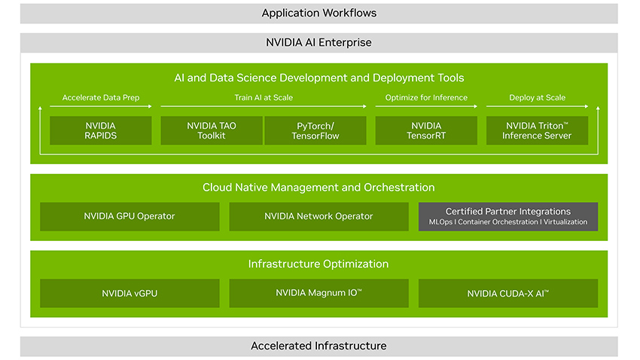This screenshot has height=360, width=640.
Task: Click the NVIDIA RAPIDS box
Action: [x=100, y=130]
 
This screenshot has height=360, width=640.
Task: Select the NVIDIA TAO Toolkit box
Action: [x=212, y=130]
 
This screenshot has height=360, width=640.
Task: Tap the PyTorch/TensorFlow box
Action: [x=315, y=130]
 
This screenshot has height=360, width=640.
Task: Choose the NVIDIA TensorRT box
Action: [x=426, y=130]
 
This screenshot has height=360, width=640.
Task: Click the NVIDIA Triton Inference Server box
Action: [x=538, y=130]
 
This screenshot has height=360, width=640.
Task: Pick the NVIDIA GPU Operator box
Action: [x=130, y=216]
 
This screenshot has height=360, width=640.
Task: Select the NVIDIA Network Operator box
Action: [x=318, y=216]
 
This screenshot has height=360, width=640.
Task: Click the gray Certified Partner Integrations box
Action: [x=508, y=216]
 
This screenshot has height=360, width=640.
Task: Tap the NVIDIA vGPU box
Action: [x=130, y=293]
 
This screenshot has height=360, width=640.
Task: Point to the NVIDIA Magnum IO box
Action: [x=318, y=293]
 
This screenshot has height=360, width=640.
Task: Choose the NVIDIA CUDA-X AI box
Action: [x=508, y=293]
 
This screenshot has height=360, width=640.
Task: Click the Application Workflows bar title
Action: [x=318, y=13]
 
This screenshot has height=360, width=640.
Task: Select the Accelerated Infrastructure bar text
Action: [x=318, y=346]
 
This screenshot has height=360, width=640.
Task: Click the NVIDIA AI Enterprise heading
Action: [x=318, y=42]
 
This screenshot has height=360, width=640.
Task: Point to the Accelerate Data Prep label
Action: [x=101, y=98]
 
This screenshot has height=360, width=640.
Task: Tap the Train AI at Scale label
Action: [x=264, y=98]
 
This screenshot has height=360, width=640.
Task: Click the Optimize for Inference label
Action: [x=426, y=98]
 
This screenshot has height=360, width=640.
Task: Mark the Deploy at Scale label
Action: [x=538, y=98]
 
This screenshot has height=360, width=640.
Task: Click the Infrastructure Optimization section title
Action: [x=318, y=264]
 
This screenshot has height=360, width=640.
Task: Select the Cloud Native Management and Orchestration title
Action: [x=318, y=187]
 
